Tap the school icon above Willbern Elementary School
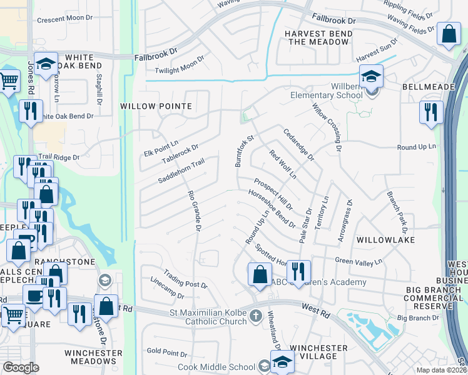click(372, 77)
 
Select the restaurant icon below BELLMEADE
click(431, 112)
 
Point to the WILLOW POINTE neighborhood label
click(156, 106)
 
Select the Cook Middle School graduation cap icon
click(282, 362)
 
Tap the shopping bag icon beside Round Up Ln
click(260, 274)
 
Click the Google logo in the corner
click(21, 367)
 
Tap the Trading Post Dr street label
click(185, 279)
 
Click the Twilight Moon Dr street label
click(180, 62)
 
